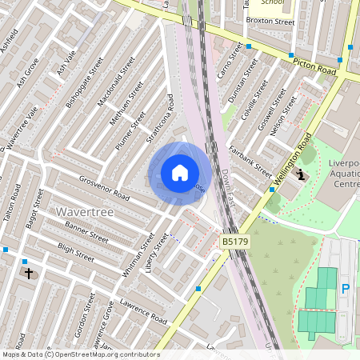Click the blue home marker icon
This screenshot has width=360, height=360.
[180, 173]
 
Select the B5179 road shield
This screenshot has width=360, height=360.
[233, 241]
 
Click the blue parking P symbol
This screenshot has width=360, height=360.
[346, 289]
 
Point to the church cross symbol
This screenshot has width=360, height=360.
[29, 273]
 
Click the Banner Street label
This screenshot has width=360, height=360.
[87, 232]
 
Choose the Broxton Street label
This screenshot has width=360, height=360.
[270, 21]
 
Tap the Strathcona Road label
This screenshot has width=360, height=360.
[159, 119]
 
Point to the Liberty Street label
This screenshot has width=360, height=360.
[158, 251]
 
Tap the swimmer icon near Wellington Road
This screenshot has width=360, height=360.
[301, 174]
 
